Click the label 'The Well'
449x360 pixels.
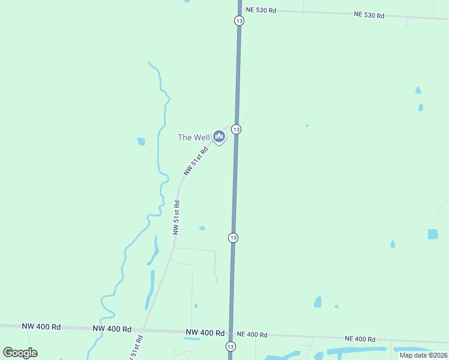click(193, 137)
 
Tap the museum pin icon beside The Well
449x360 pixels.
click(219, 138)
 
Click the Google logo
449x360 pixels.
click(20, 353)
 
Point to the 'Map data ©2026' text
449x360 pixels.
click(423, 355)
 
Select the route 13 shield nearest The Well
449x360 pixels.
click(236, 130)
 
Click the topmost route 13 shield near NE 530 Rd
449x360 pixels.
click(239, 20)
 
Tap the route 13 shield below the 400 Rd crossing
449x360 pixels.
click(231, 347)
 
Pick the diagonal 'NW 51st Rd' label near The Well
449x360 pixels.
click(196, 160)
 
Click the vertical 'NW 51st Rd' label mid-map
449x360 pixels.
click(176, 217)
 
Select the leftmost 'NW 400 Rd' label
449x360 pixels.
click(41, 327)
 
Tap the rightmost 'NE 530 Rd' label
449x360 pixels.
click(369, 15)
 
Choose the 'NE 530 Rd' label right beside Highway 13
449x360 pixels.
click(261, 10)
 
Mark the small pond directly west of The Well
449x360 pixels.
click(141, 142)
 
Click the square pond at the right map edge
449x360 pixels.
click(433, 234)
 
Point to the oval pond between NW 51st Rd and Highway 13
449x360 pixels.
click(202, 228)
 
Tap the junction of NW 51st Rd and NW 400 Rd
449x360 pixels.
click(143, 330)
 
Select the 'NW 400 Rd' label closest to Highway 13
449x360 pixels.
click(205, 332)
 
